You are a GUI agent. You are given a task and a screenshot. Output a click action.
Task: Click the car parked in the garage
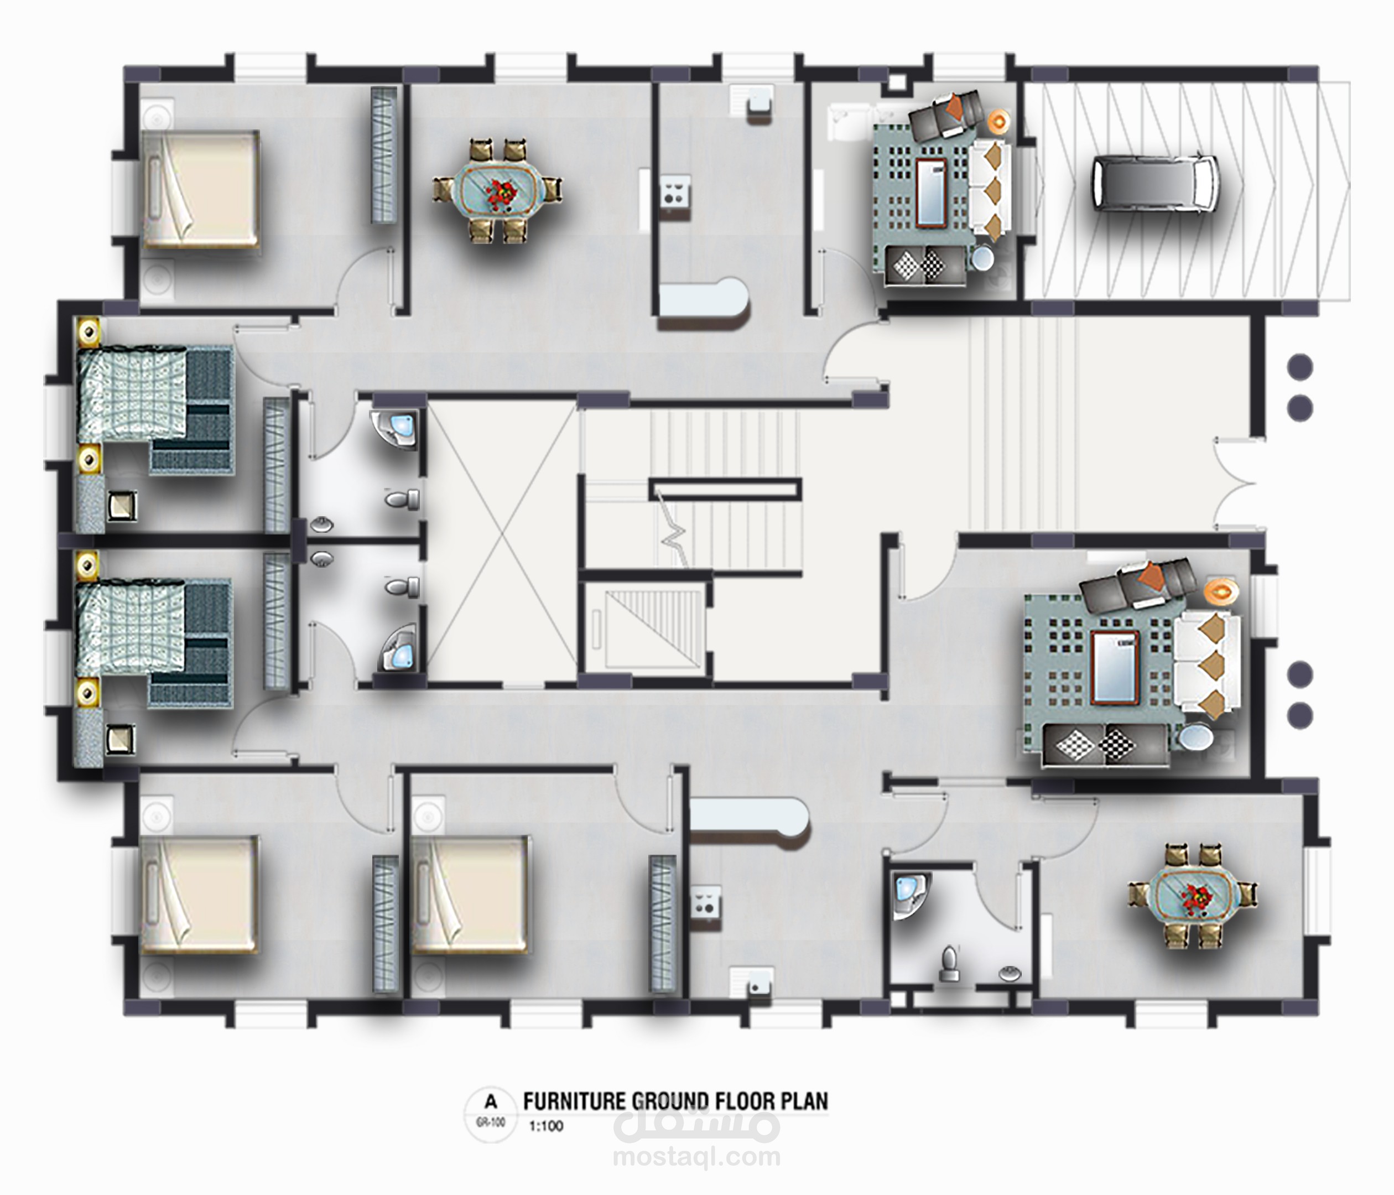coord(1154,183)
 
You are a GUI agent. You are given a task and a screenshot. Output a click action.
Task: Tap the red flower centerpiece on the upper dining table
coord(498,191)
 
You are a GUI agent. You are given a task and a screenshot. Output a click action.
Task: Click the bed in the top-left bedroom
coord(200,190)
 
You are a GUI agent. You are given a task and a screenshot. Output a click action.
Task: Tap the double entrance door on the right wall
coord(1236,484)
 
